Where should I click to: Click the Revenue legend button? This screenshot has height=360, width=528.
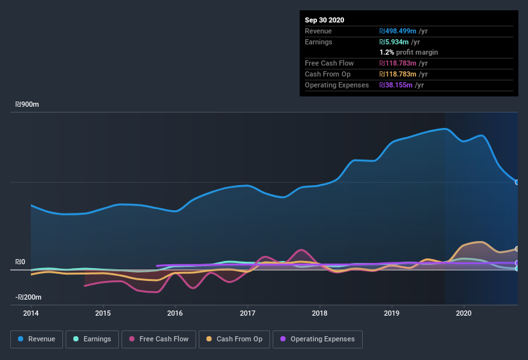click(x=37, y=339)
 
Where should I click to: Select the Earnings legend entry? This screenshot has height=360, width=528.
click(x=92, y=339)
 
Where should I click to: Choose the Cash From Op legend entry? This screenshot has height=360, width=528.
click(x=235, y=339)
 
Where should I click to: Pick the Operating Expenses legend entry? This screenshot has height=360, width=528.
click(x=318, y=339)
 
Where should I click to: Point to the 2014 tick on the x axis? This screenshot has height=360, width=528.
click(x=31, y=313)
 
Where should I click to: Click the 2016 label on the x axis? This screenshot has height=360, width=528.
click(x=175, y=313)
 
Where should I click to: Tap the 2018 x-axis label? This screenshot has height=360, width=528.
click(x=320, y=313)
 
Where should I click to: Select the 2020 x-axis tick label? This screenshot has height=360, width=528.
click(x=464, y=313)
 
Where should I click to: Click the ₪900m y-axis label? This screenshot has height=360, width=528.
click(x=28, y=104)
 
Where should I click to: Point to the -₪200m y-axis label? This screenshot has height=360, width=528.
click(x=29, y=297)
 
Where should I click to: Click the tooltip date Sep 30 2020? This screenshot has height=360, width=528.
click(x=324, y=20)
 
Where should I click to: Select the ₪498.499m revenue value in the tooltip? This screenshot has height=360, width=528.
click(x=405, y=31)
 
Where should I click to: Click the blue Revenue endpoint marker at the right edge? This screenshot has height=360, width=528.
click(x=517, y=182)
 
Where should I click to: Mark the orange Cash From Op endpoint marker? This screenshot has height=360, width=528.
click(x=517, y=249)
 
